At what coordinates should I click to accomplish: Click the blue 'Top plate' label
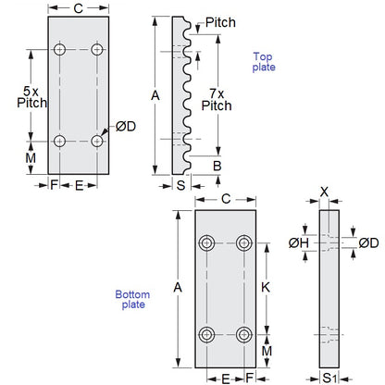click(x=264, y=62)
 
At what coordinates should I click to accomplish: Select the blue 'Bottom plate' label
click(x=132, y=299)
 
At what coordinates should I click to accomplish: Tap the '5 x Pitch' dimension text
click(x=31, y=97)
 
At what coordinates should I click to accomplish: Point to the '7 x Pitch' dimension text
click(x=217, y=100)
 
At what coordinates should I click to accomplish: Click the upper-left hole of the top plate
click(x=59, y=49)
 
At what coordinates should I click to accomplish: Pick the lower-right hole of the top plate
click(x=97, y=141)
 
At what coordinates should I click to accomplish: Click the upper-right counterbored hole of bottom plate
click(x=244, y=243)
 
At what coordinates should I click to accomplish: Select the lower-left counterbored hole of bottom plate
click(x=206, y=335)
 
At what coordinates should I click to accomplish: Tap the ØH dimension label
click(x=298, y=243)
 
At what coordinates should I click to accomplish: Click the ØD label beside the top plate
click(x=126, y=126)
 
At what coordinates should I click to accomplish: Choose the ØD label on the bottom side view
click(x=368, y=243)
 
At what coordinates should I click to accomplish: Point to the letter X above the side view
click(x=324, y=192)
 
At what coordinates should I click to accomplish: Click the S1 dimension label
click(x=329, y=379)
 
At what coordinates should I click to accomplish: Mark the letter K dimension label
click(x=266, y=288)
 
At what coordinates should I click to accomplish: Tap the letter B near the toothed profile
click(x=217, y=166)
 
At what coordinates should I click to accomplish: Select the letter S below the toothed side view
click(x=180, y=185)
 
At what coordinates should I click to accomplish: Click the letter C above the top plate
click(x=79, y=8)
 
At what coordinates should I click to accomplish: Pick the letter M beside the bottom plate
click(x=267, y=351)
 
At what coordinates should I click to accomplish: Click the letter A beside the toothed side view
click(x=155, y=95)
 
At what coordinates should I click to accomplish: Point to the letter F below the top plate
click(x=54, y=185)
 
